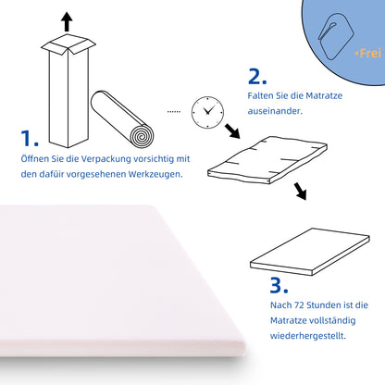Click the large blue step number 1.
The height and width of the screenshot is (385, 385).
30,140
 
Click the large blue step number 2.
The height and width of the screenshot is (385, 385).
258,76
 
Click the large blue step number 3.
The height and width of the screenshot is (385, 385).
280,284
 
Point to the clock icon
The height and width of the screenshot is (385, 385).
205,113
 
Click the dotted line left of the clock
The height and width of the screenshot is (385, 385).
173,110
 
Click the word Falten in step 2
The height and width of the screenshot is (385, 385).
262,93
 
